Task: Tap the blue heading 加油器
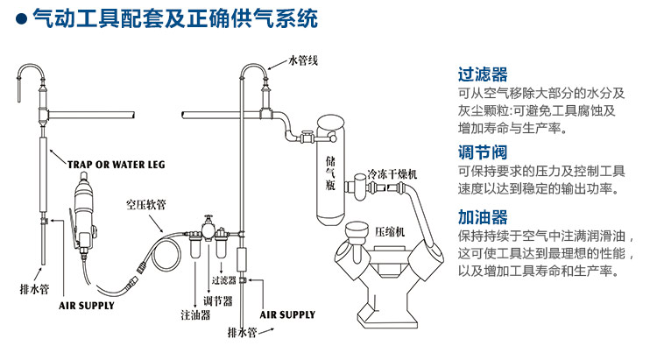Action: (483, 217)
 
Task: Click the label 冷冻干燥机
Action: (392, 174)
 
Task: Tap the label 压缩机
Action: (390, 234)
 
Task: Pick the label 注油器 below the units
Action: (194, 314)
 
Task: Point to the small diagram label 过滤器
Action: (225, 282)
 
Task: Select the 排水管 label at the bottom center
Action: (241, 333)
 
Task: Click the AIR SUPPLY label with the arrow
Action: (288, 314)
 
